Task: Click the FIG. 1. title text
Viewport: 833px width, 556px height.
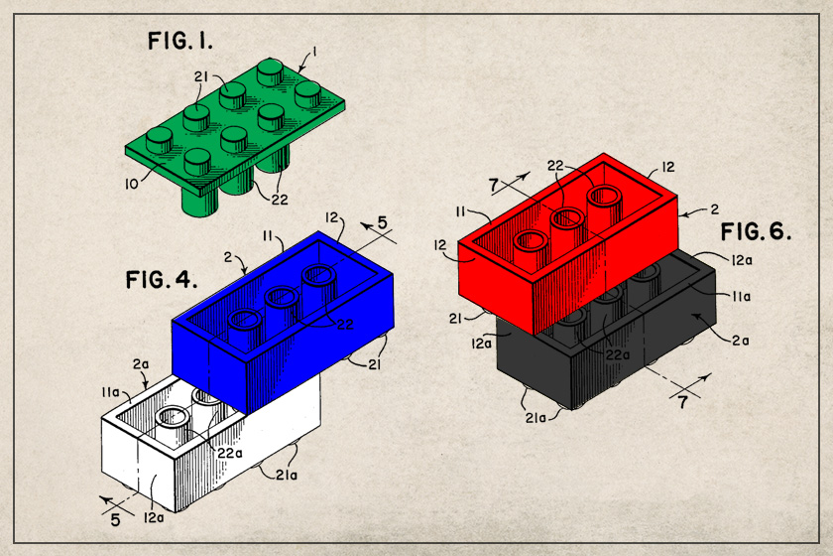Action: (180, 41)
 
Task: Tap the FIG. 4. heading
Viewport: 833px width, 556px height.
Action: (161, 279)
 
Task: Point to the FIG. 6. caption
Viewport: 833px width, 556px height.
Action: (756, 231)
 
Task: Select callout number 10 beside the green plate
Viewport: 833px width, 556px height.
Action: (131, 184)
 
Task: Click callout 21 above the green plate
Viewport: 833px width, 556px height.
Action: (200, 77)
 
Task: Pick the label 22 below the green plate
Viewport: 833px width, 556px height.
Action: (280, 200)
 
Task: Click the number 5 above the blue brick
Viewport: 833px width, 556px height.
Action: (383, 222)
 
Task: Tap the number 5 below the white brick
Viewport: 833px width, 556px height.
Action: (115, 520)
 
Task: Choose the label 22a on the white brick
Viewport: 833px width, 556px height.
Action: (229, 453)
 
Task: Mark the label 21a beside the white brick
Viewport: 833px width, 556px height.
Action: (286, 475)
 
